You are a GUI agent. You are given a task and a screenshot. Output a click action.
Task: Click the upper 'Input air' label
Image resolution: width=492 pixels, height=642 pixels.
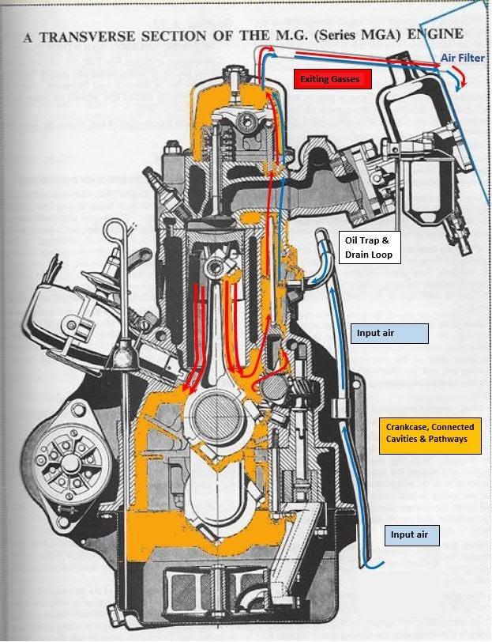tap(389, 334)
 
